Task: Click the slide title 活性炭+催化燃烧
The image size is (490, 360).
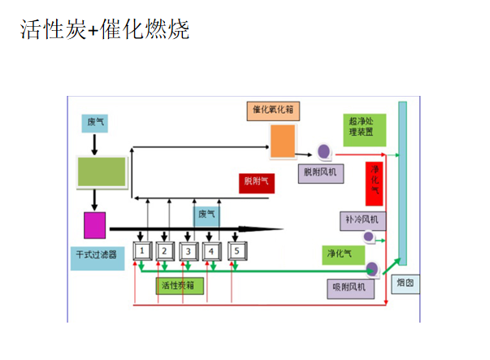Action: [x=103, y=31]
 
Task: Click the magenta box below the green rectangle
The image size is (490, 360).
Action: [x=95, y=224]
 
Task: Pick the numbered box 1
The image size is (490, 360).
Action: [x=142, y=251]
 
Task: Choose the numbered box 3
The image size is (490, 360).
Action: [x=189, y=251]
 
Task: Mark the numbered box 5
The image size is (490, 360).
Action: [x=236, y=251]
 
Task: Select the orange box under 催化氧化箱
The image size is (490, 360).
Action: [x=282, y=141]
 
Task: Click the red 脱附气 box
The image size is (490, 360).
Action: [x=258, y=181]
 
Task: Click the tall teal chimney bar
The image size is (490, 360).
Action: [x=402, y=187]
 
